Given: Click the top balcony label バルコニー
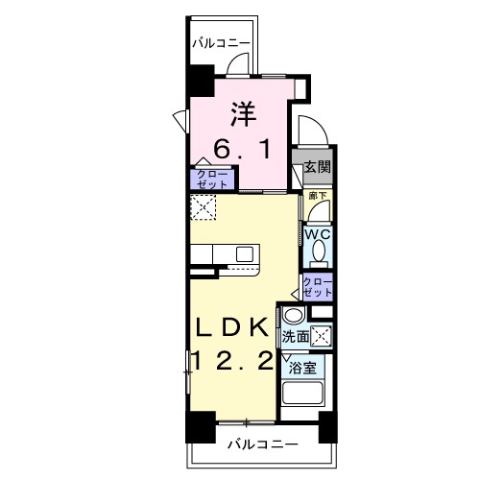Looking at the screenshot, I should pyautogui.click(x=222, y=43).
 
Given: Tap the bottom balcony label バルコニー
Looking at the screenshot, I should pyautogui.click(x=263, y=444).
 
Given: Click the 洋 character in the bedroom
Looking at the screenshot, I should pyautogui.click(x=240, y=114).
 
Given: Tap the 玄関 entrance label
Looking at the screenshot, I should pyautogui.click(x=318, y=165).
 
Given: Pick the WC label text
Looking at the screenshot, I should pyautogui.click(x=318, y=232).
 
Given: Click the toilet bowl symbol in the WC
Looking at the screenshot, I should pyautogui.click(x=319, y=252).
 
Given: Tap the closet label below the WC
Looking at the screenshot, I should pyautogui.click(x=318, y=285).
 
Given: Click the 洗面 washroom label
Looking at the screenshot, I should pyautogui.click(x=296, y=337).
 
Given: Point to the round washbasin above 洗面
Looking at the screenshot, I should pyautogui.click(x=293, y=316).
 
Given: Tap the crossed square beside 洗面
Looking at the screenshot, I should pyautogui.click(x=324, y=336).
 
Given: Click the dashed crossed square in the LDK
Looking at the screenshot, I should pyautogui.click(x=204, y=207).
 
